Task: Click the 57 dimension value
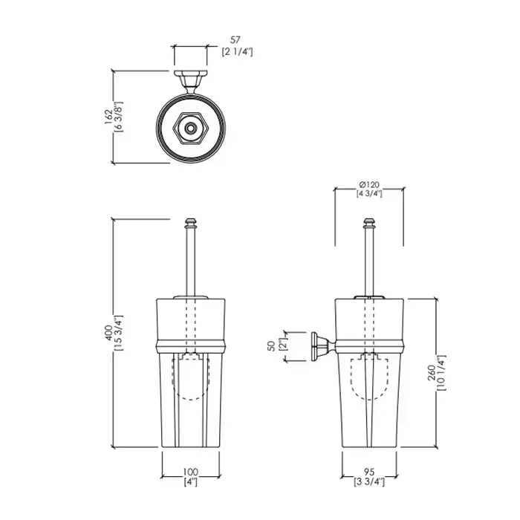235,40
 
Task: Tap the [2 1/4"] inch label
237,52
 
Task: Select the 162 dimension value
108,117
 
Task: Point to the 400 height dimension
108,333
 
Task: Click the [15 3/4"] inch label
118,333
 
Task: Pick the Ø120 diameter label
369,185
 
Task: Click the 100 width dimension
190,472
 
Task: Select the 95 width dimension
369,472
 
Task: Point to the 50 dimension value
272,346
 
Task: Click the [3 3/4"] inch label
369,482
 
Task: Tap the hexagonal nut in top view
190,128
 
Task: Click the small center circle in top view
190,128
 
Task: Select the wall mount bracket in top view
190,82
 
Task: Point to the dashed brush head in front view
190,377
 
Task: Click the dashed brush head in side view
369,377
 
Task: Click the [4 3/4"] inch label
369,194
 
